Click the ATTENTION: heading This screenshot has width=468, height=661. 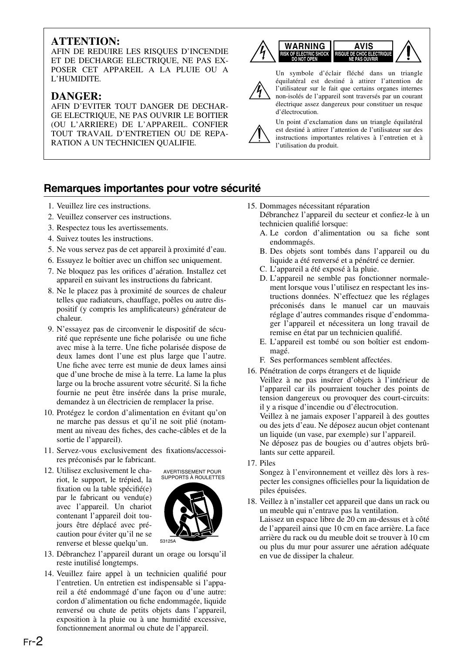[85, 41]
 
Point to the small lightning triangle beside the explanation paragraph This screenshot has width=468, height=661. [259, 91]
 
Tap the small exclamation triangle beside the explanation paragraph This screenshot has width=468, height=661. [259, 134]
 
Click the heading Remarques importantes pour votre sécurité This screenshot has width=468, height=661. [152, 188]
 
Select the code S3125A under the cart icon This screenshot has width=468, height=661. [167, 541]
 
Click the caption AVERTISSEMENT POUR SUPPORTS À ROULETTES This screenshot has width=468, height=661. [192, 474]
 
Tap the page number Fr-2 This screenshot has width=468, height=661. [33, 641]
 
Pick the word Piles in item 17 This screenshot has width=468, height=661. [267, 463]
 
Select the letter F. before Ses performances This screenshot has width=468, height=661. [263, 360]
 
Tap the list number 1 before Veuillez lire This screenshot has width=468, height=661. [51, 206]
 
